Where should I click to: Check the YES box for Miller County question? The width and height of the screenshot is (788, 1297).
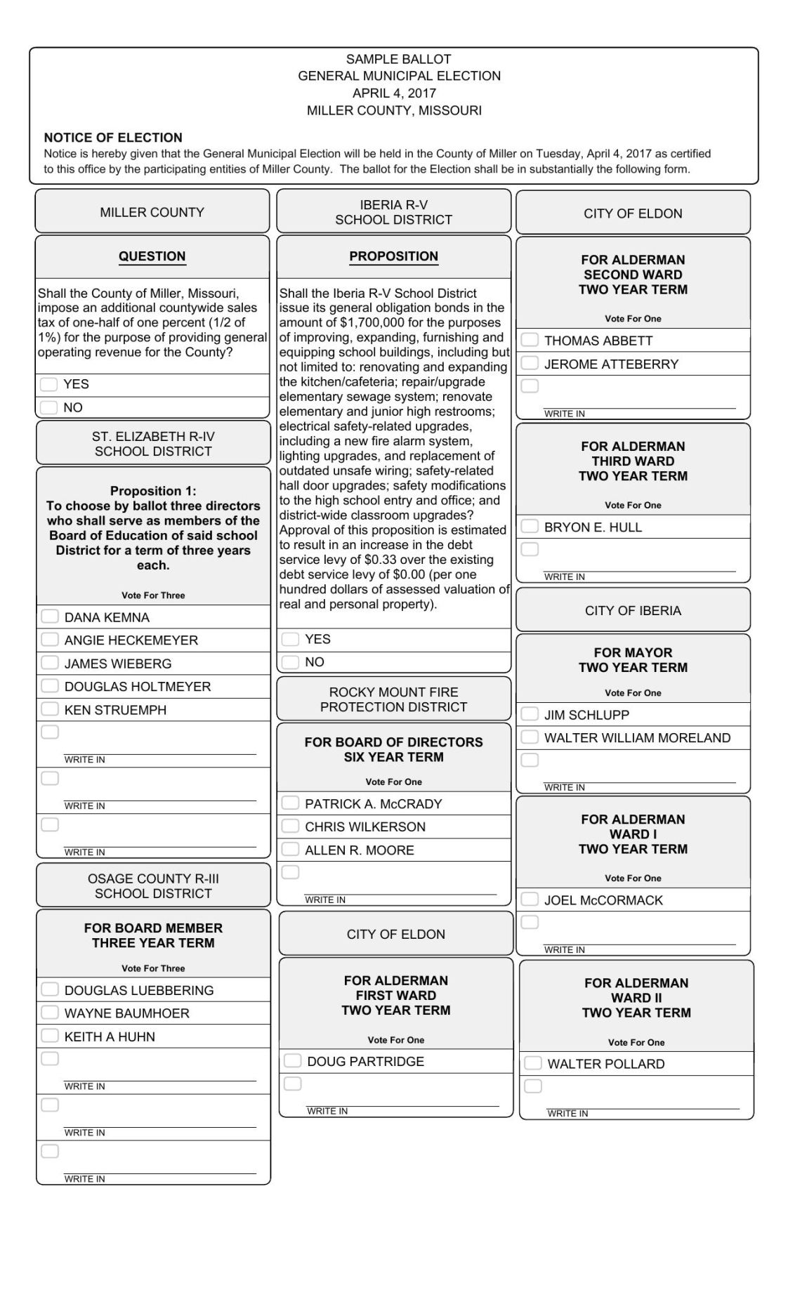pyautogui.click(x=48, y=384)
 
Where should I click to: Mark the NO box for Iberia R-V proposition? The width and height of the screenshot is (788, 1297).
pyautogui.click(x=289, y=662)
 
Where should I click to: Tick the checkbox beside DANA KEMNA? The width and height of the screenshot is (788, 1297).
pyautogui.click(x=49, y=617)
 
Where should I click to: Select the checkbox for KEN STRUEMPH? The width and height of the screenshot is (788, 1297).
pyautogui.click(x=49, y=709)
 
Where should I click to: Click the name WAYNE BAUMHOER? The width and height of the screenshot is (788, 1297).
pyautogui.click(x=126, y=1013)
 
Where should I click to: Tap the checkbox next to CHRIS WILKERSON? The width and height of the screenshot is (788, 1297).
pyautogui.click(x=290, y=826)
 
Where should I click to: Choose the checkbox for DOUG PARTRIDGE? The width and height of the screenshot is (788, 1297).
pyautogui.click(x=292, y=1060)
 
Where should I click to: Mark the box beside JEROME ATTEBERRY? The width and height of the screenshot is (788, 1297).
pyautogui.click(x=530, y=363)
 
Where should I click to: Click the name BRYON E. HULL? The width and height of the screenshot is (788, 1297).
pyautogui.click(x=593, y=527)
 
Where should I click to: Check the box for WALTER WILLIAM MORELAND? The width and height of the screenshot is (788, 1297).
pyautogui.click(x=530, y=737)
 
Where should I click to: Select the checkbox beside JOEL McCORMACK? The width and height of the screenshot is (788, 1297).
pyautogui.click(x=530, y=900)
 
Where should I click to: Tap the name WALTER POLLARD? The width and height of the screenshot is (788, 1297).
pyautogui.click(x=605, y=1064)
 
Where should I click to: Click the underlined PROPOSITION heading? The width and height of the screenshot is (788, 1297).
pyautogui.click(x=393, y=256)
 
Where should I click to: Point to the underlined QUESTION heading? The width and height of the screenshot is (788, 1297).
pyautogui.click(x=152, y=256)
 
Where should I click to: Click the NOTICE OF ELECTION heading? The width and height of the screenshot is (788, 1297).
pyautogui.click(x=113, y=138)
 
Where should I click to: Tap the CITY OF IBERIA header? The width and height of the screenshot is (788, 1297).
pyautogui.click(x=633, y=611)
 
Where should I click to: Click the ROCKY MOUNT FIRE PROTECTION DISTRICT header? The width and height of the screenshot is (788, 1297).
pyautogui.click(x=393, y=699)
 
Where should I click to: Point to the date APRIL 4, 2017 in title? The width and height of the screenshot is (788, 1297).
pyautogui.click(x=394, y=93)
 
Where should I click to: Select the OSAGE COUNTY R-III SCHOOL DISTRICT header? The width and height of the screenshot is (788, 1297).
pyautogui.click(x=153, y=885)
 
